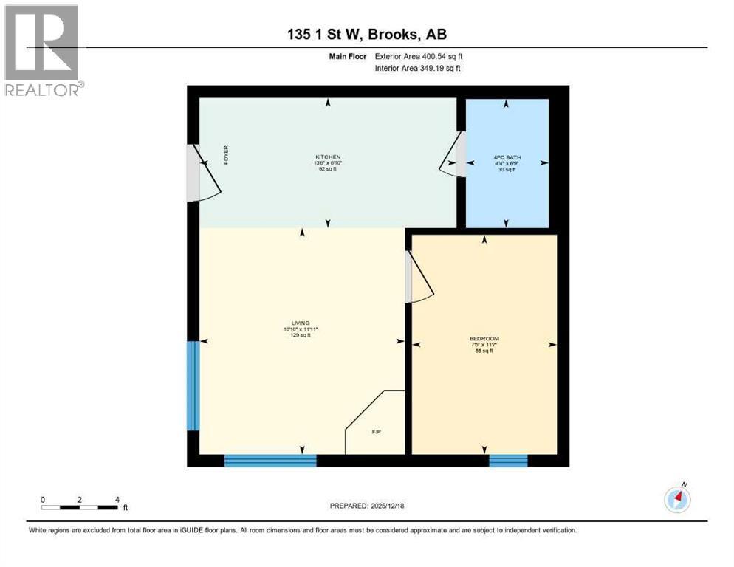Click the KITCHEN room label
(x=328, y=158)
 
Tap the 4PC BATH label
(x=505, y=158)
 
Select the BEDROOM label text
(x=484, y=339)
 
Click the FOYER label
(x=226, y=157)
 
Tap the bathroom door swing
(x=452, y=155)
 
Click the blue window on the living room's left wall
(x=193, y=385)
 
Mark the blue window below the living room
(x=270, y=461)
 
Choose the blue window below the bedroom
(x=508, y=461)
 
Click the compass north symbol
(x=677, y=498)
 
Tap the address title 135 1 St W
(x=366, y=34)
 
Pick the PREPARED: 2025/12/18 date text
(x=366, y=506)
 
